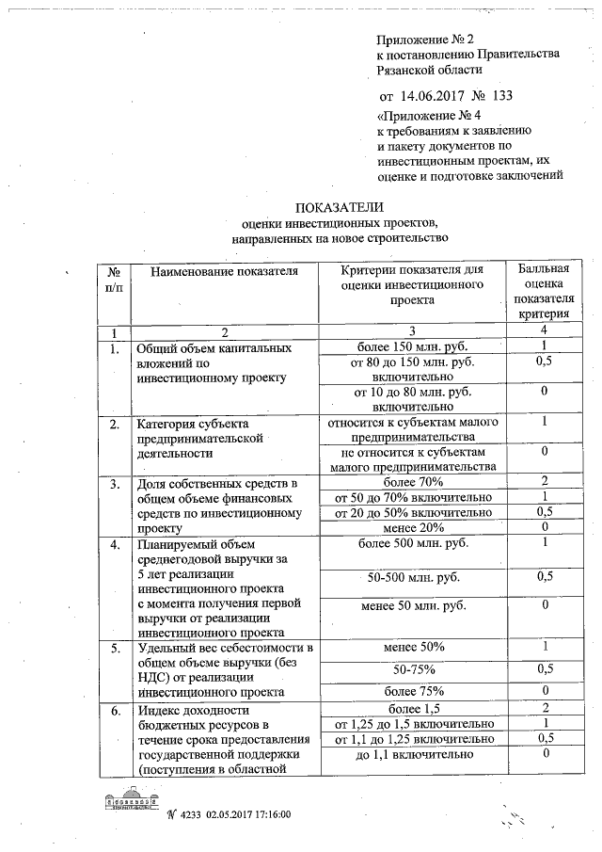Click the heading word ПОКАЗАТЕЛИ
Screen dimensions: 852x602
click(x=340, y=207)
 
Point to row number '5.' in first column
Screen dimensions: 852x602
click(x=114, y=649)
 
